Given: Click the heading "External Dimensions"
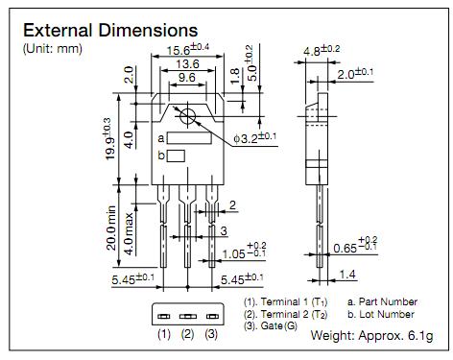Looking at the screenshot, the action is pos(110,31).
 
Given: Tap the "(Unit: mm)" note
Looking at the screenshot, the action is pos(53,49).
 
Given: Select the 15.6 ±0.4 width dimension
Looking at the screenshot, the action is pos(188,49).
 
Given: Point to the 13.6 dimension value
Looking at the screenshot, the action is pos(187,64).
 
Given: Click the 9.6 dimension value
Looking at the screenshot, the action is pos(187,78).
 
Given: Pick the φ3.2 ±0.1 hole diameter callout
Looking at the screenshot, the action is pos(254,137).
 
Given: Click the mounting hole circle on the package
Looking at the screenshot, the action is pos(187,116).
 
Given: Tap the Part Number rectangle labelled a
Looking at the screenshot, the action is pos(189,138).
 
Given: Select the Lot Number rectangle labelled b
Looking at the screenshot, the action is pos(176,156).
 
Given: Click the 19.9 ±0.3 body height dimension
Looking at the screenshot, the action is pos(108,138).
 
